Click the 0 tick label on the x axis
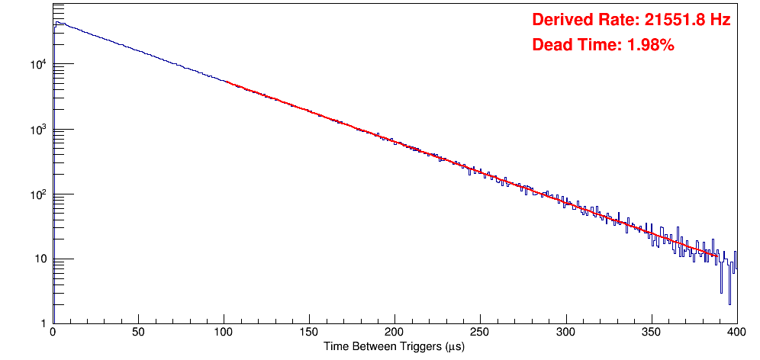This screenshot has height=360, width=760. point(52,333)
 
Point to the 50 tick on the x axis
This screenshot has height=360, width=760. point(138,333)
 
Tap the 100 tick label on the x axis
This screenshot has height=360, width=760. point(224,333)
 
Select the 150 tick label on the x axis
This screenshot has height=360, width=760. point(309,333)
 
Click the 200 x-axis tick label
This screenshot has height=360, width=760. point(394,333)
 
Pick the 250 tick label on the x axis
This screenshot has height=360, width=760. point(480,333)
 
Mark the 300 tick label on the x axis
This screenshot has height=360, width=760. point(565,333)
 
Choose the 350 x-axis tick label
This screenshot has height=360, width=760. point(651,333)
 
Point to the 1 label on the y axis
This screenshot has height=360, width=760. point(43,323)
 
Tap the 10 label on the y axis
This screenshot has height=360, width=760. point(40,259)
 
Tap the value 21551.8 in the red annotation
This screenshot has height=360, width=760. point(671,20)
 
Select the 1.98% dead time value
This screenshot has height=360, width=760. point(650,45)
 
